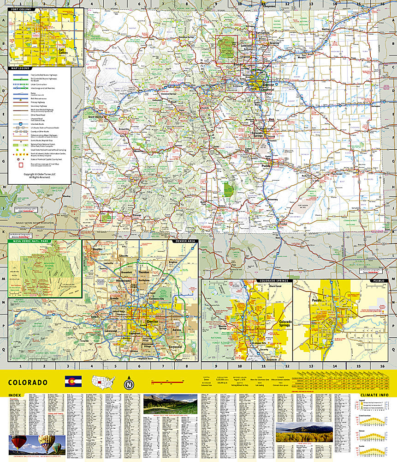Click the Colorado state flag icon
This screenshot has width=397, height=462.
click(x=73, y=381)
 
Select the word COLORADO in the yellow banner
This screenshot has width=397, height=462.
click(x=28, y=383)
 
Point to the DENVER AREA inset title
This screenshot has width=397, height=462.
click(x=184, y=241)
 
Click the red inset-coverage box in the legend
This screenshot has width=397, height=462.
click(x=20, y=164)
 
